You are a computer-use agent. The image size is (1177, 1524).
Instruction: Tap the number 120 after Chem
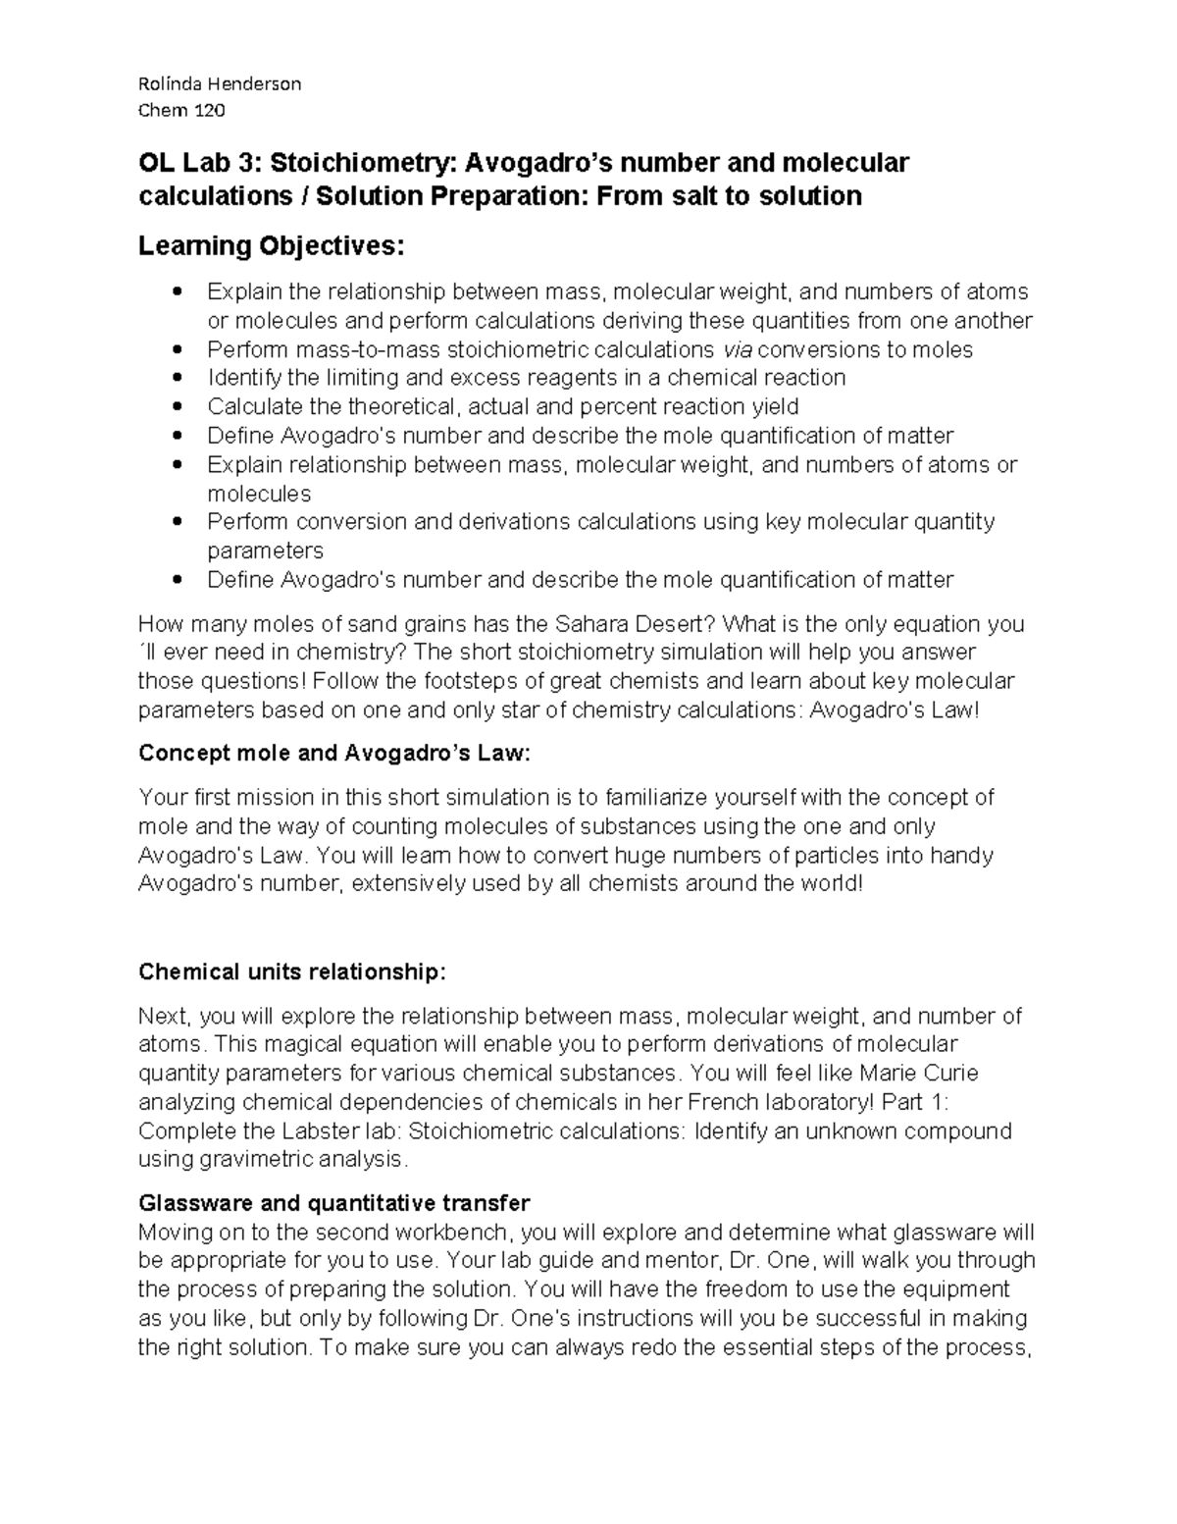tap(209, 110)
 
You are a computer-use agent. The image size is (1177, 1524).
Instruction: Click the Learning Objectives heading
tap(271, 245)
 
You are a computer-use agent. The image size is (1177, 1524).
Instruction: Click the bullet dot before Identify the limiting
tap(177, 379)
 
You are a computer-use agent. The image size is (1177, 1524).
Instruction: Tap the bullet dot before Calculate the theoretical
tap(177, 407)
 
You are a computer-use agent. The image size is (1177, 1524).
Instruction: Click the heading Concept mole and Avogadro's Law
tap(333, 754)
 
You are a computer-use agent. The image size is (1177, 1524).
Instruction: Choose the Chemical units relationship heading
tap(292, 972)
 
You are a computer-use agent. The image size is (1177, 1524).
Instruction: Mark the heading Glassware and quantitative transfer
tap(333, 1203)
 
